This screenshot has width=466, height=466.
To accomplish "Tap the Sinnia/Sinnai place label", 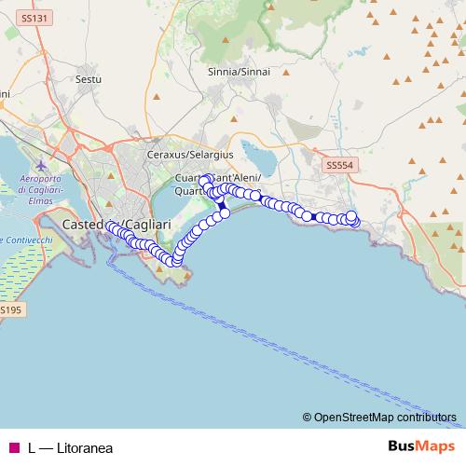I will [226, 72].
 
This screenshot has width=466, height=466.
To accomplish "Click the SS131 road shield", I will [35, 18].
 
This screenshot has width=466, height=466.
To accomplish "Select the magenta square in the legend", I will [14, 447].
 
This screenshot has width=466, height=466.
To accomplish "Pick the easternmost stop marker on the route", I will [354, 221].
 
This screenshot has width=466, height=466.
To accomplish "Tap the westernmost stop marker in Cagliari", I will [111, 226].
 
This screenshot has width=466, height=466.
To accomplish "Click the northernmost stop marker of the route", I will [204, 175].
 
